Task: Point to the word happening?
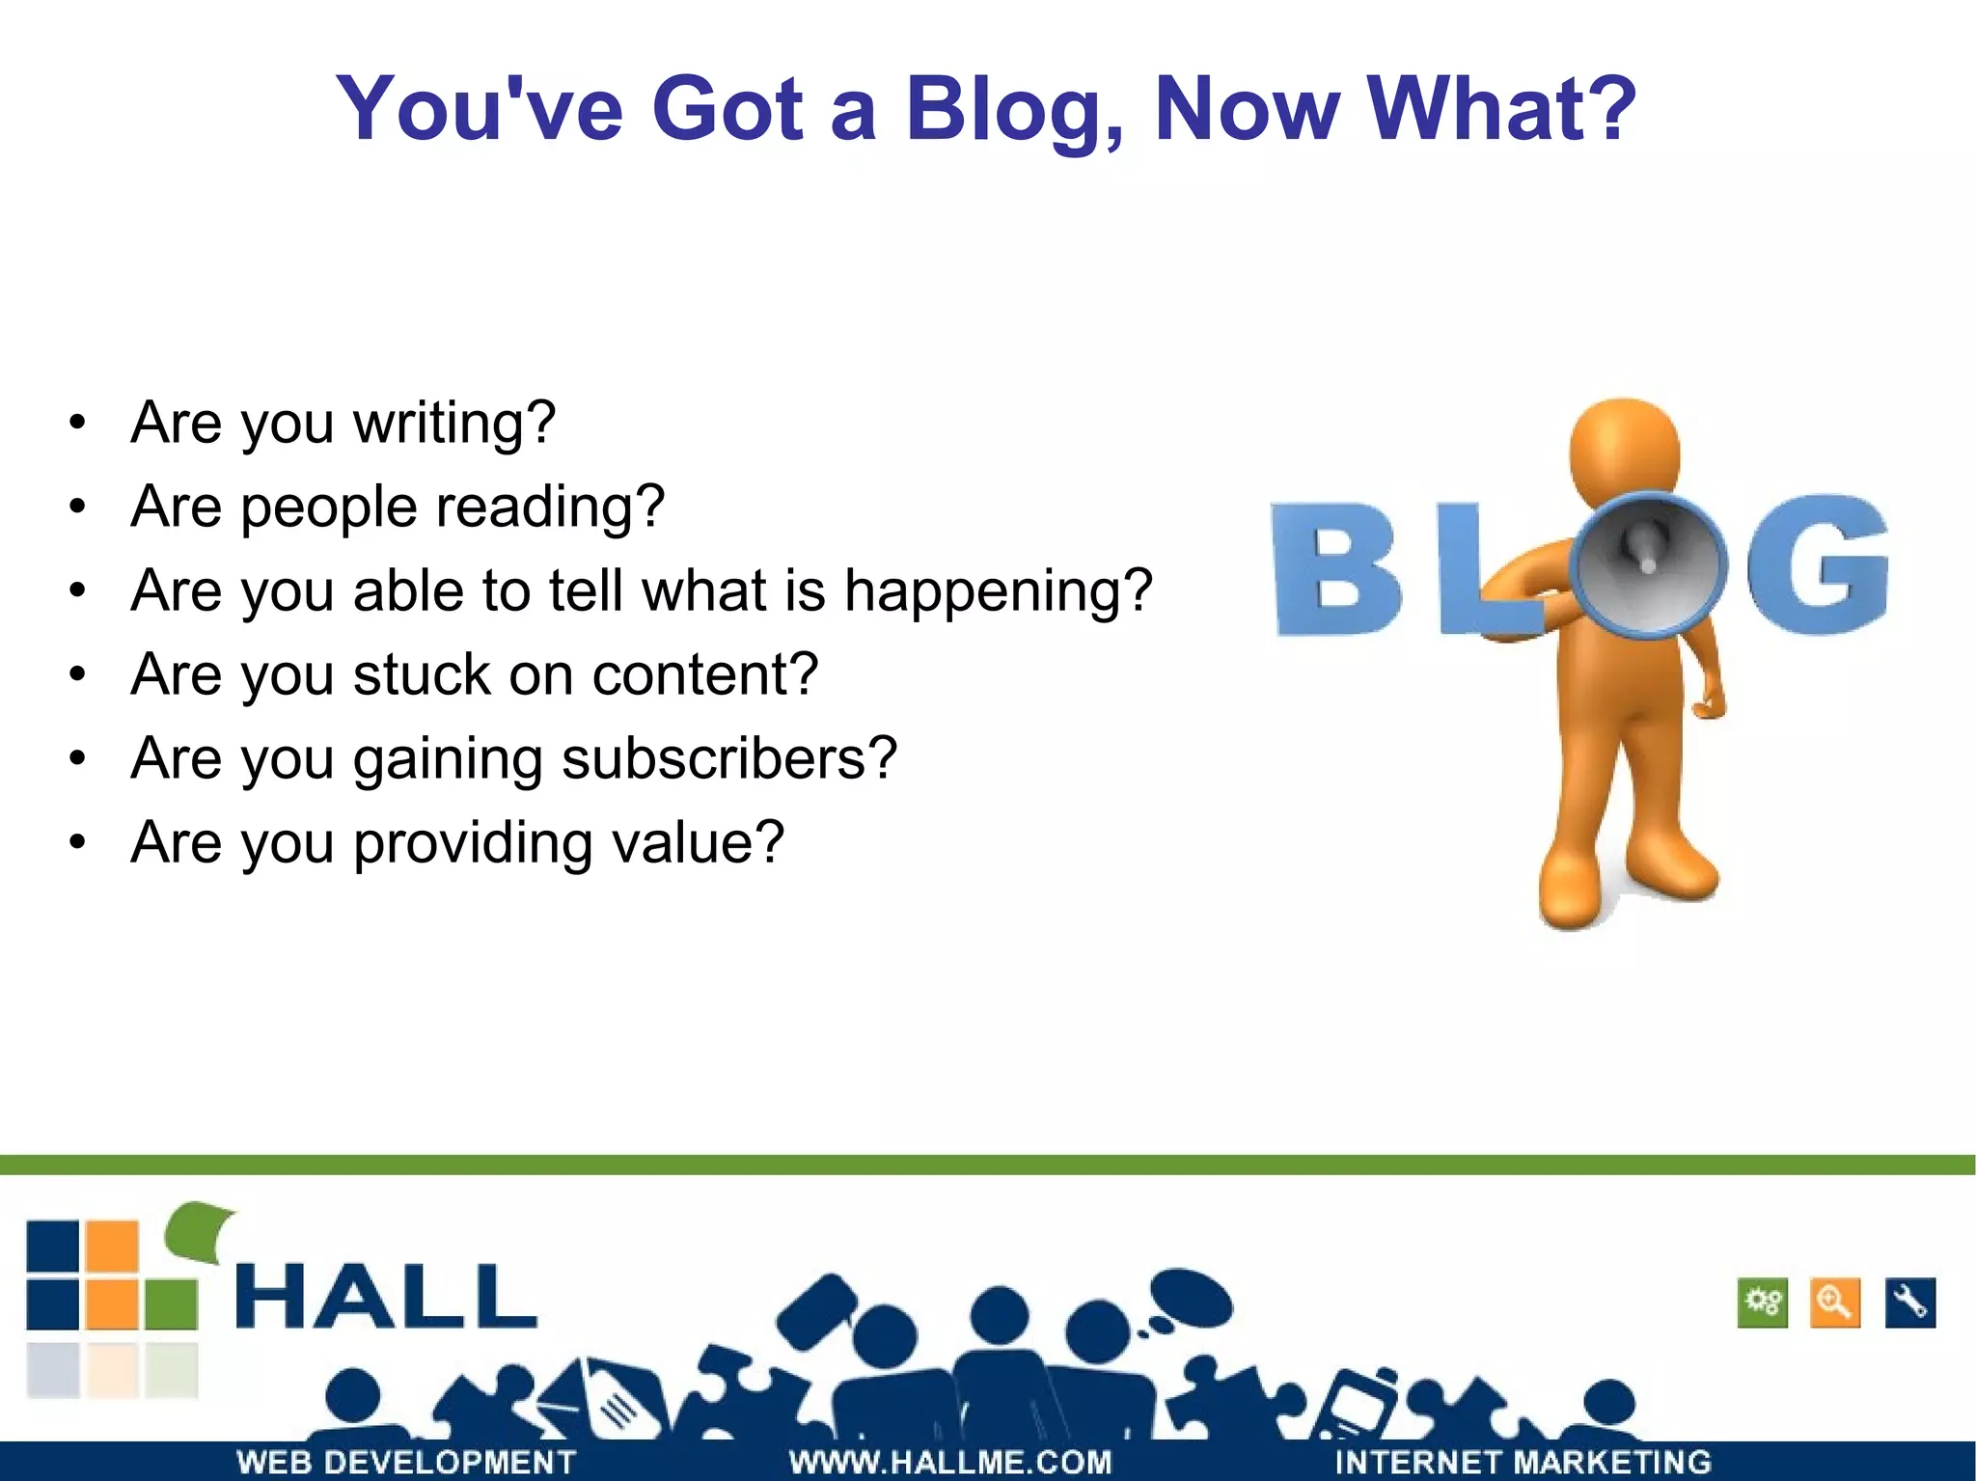coord(998,590)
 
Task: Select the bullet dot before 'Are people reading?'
coord(78,507)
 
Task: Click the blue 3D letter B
coord(1335,569)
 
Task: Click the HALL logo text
coord(386,1297)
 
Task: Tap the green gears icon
coord(1762,1303)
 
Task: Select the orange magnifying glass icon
coord(1835,1303)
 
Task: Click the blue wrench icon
coord(1909,1303)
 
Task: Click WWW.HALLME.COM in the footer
coord(950,1462)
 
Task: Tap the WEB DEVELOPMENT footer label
coord(405,1462)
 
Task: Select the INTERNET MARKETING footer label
coord(1523,1462)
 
